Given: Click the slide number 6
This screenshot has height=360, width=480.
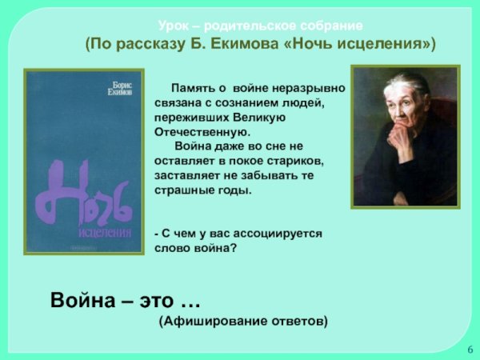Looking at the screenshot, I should [470, 350].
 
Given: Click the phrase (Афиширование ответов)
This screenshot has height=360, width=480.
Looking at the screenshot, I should [242, 321].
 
